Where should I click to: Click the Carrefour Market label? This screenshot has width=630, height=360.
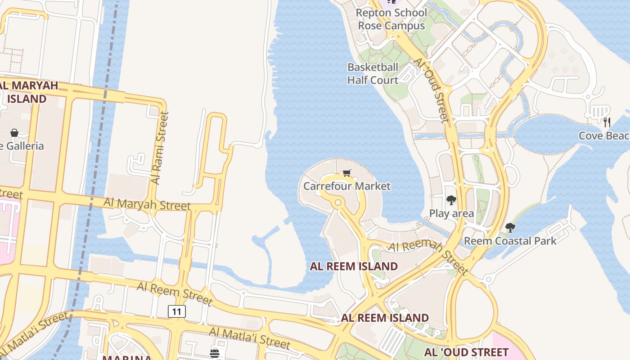point(347,186)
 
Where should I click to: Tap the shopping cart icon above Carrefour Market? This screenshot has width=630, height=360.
point(346,173)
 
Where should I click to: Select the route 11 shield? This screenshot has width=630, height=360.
point(177,311)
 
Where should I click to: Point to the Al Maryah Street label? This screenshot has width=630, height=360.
point(147,203)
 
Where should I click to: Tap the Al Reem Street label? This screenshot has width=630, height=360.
point(174,293)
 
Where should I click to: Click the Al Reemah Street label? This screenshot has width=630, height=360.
point(428,257)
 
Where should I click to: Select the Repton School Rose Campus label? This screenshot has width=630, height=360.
point(391,19)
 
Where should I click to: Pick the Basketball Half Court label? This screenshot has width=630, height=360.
point(373,74)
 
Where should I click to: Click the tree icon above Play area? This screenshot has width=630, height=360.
point(451,200)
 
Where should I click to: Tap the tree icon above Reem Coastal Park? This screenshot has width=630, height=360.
point(510,228)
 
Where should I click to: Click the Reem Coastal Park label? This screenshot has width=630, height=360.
point(510,241)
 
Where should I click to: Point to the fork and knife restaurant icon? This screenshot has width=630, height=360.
point(607,121)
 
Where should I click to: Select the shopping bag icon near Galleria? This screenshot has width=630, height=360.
point(14,133)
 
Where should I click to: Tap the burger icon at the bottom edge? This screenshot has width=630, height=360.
point(215,353)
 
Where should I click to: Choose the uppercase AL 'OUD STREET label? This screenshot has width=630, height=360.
point(466,351)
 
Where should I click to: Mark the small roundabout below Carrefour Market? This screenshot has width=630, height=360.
point(338,203)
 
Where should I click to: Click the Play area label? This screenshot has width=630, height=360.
point(451,213)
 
